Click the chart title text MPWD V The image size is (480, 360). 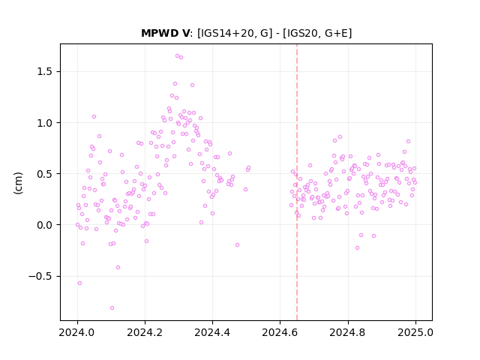tap(165, 33)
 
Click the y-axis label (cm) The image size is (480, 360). tap(18, 183)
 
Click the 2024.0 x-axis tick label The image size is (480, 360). tap(77, 332)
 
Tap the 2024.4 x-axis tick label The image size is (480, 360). tap(212, 332)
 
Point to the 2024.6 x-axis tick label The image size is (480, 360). tap(280, 332)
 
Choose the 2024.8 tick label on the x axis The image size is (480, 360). tap(348, 332)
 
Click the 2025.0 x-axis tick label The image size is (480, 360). tap(415, 332)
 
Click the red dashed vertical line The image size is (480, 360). tap(297, 182)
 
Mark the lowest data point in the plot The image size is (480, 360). tap(112, 308)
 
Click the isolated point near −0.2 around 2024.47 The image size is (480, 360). tap(237, 245)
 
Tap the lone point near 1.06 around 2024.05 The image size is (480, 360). tap(94, 117)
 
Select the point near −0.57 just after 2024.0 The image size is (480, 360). tap(80, 283)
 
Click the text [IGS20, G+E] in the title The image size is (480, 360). tap(317, 33)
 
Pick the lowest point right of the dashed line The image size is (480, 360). tap(357, 248)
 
